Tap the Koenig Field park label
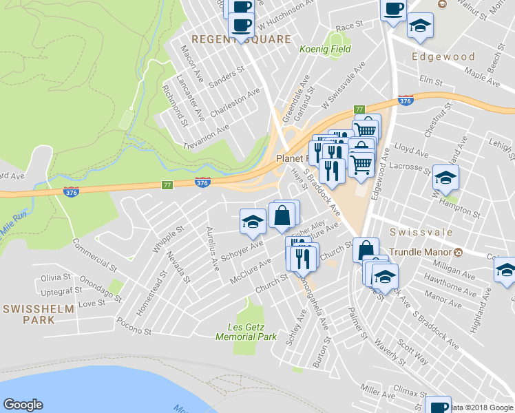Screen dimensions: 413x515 click(x=325, y=50)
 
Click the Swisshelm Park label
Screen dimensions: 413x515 click(x=38, y=315)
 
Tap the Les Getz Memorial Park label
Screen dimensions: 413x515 click(x=246, y=331)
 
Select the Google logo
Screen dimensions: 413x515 click(x=23, y=405)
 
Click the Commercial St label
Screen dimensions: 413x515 click(x=94, y=255)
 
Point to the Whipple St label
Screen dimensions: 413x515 click(x=169, y=238)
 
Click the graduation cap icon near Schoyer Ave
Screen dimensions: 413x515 click(x=253, y=221)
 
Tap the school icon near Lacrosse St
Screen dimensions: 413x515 click(x=445, y=178)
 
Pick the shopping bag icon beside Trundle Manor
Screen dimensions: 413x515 click(x=366, y=249)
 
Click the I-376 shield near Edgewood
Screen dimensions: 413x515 click(x=406, y=100)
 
